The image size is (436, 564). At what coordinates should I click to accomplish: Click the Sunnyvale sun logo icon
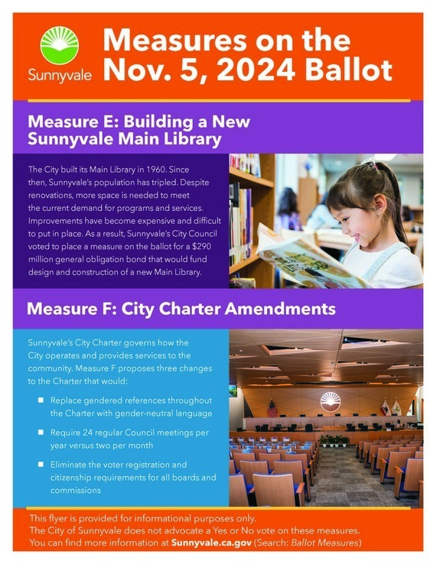[60, 46]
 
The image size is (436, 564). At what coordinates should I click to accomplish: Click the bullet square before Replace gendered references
[41, 400]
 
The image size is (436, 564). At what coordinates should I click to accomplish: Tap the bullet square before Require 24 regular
[41, 433]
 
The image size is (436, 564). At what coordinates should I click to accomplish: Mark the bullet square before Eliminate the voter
[41, 465]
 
